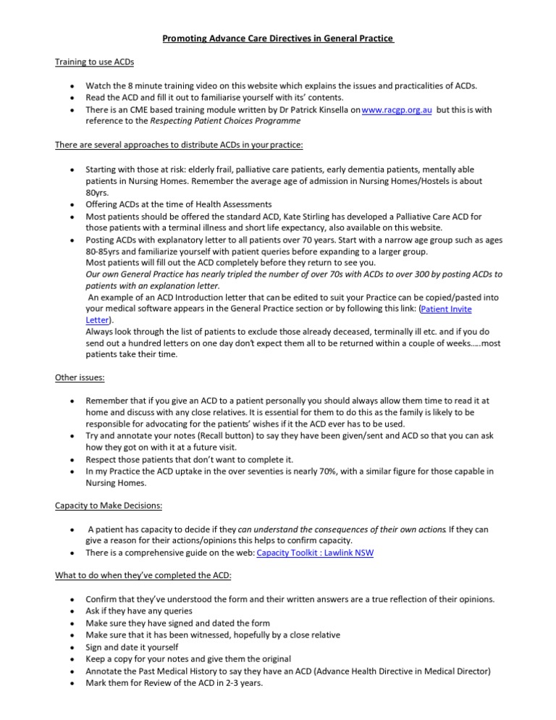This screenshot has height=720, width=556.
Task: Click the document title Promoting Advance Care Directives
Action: point(278,38)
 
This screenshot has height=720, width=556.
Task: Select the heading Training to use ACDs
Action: point(94,62)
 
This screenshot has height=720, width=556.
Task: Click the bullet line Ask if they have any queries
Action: point(143,611)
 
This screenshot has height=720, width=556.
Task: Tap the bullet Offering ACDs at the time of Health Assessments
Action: point(179,205)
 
